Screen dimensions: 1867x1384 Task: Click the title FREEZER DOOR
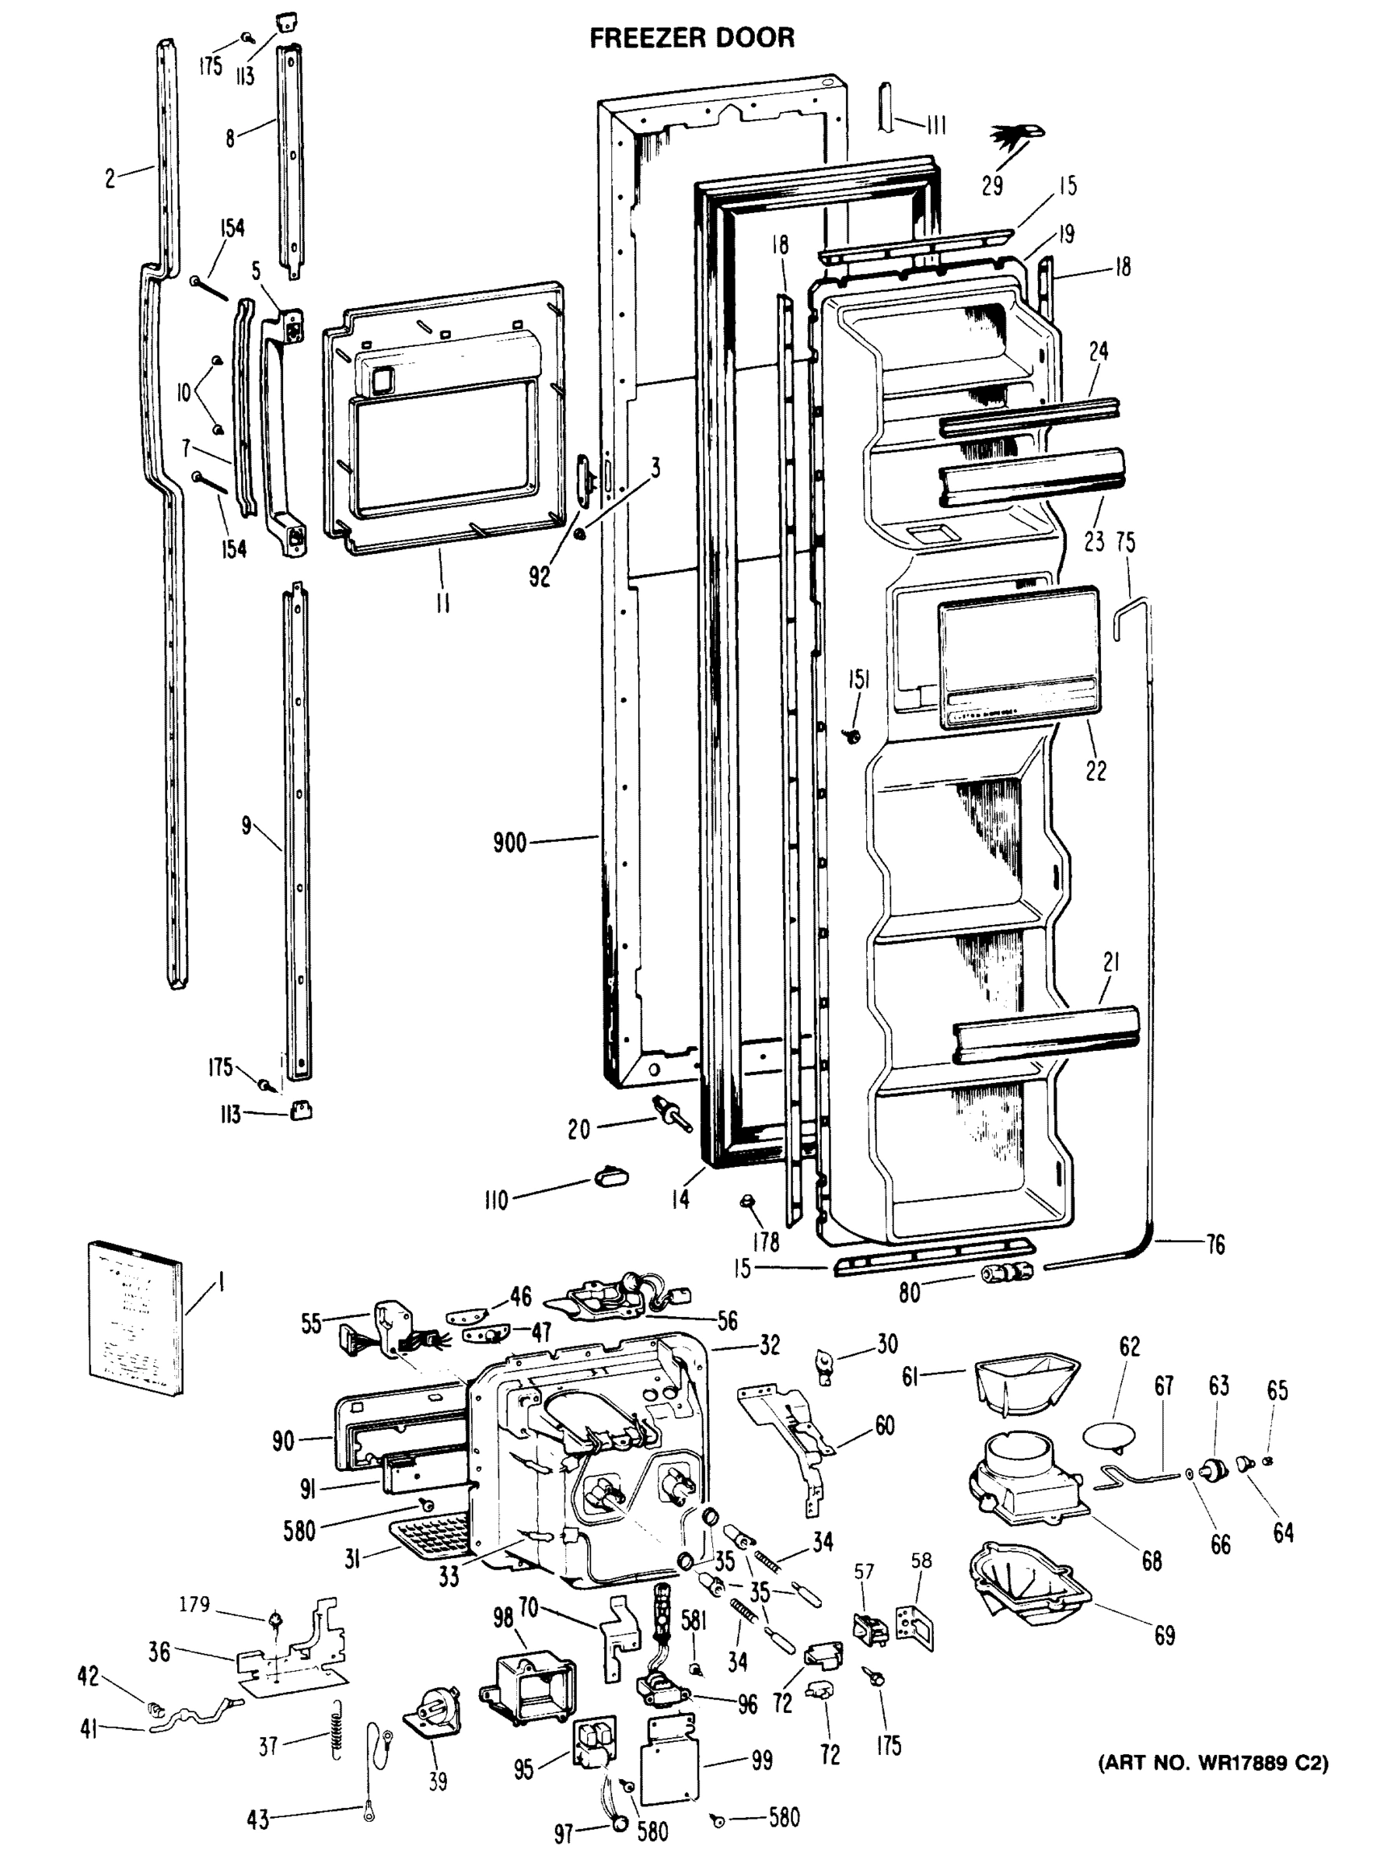tap(692, 37)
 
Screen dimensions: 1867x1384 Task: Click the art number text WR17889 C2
tap(1213, 1763)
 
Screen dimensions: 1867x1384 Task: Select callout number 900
tap(509, 842)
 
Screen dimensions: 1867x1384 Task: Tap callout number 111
tap(936, 127)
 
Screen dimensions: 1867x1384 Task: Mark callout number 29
tap(992, 186)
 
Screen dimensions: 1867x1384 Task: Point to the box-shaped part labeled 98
tap(528, 1680)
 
